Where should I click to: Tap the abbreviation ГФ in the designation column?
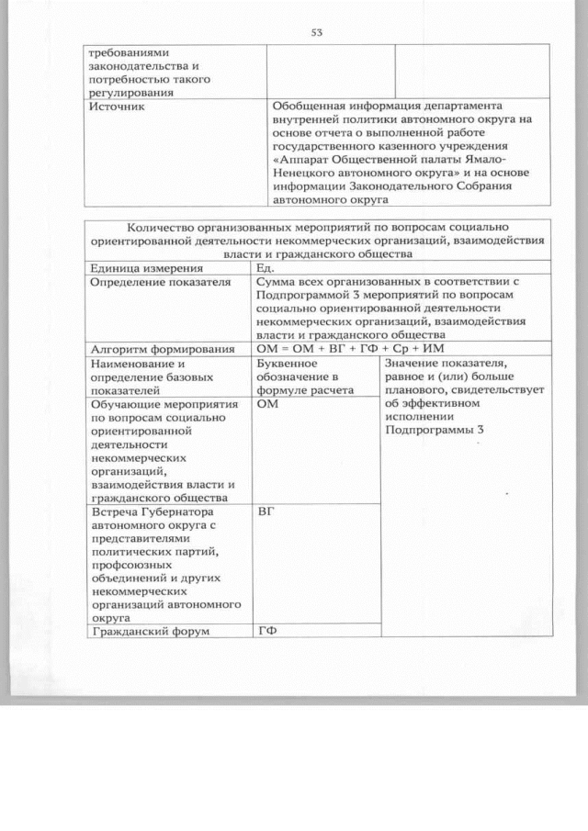pos(268,632)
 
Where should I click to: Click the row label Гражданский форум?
pos(150,632)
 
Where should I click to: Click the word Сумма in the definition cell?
pos(277,282)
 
